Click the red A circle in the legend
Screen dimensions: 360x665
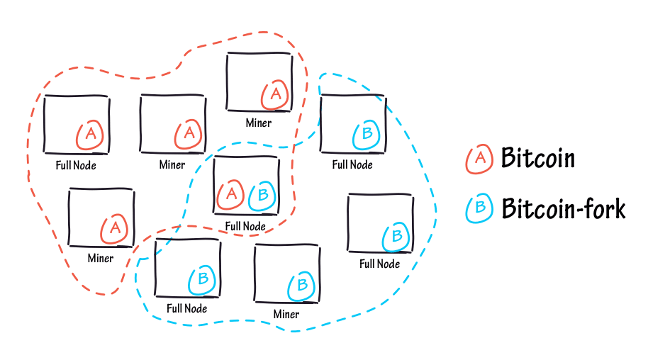pyautogui.click(x=480, y=159)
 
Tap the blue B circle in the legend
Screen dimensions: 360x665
pyautogui.click(x=480, y=208)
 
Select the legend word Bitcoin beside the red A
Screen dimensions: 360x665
pyautogui.click(x=537, y=157)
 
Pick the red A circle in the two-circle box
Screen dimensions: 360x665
pyautogui.click(x=230, y=194)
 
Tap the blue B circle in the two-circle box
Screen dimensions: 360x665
pyautogui.click(x=262, y=195)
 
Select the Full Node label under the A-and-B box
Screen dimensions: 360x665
pyautogui.click(x=245, y=227)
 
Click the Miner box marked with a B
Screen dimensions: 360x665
pyautogui.click(x=286, y=275)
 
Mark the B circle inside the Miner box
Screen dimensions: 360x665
pyautogui.click(x=301, y=285)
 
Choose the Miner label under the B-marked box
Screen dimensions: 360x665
pyautogui.click(x=286, y=314)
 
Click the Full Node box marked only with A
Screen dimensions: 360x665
pyautogui.click(x=76, y=124)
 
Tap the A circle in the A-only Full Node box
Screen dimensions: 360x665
pyautogui.click(x=91, y=135)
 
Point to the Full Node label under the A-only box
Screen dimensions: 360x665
pyautogui.click(x=76, y=165)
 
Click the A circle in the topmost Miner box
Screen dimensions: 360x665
pyautogui.click(x=275, y=94)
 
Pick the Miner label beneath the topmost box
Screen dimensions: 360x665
pyautogui.click(x=259, y=123)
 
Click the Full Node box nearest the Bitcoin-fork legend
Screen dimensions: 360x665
pyautogui.click(x=380, y=223)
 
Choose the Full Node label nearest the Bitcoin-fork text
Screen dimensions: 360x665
pyautogui.click(x=379, y=264)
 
